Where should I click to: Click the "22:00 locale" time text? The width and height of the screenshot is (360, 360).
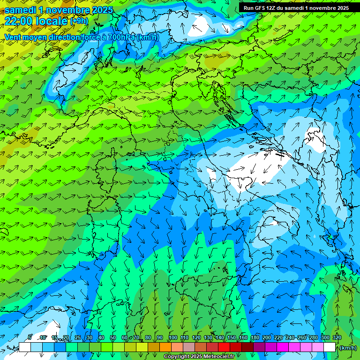(x=36, y=21)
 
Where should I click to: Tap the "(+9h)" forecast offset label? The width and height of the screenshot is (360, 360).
(x=79, y=21)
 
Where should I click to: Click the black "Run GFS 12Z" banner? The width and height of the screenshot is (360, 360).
(x=296, y=7)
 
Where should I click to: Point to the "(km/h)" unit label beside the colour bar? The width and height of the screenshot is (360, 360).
(x=347, y=348)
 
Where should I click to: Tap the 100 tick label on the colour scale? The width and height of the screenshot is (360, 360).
(x=172, y=337)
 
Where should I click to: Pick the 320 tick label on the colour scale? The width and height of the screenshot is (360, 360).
(x=337, y=337)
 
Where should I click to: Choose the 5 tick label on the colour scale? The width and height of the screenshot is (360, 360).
(x=30, y=337)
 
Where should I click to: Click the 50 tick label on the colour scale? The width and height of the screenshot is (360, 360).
(x=113, y=337)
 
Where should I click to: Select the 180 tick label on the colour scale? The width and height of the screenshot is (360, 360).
(x=255, y=337)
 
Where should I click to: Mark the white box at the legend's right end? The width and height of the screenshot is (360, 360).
(x=330, y=347)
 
